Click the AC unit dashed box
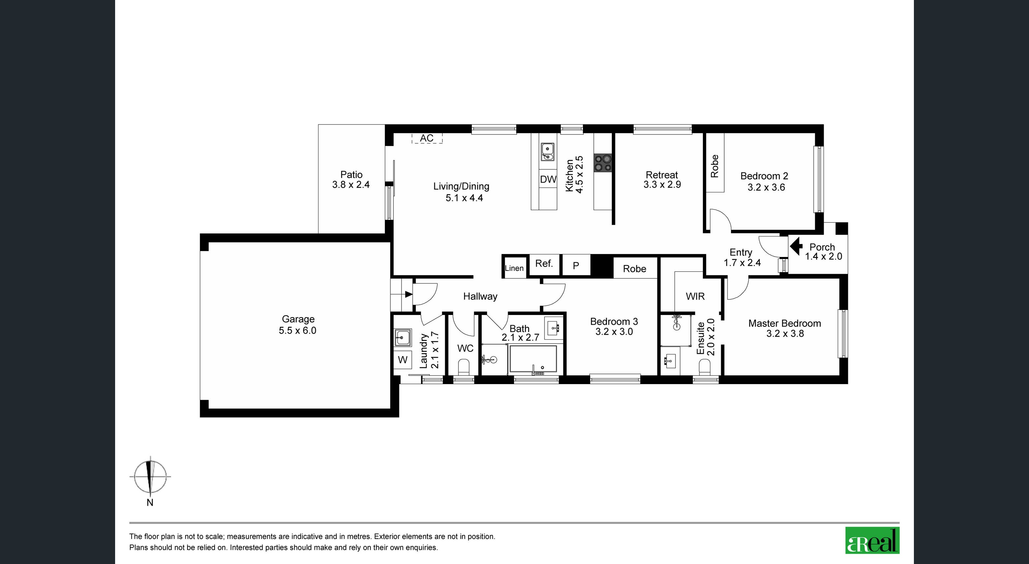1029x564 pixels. (x=427, y=138)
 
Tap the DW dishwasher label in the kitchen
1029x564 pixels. (x=548, y=179)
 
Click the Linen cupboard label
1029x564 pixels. (x=514, y=268)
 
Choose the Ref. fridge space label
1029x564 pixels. (x=544, y=264)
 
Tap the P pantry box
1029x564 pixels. (x=576, y=266)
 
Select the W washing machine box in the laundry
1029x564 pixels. (x=403, y=360)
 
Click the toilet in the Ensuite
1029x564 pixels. (x=705, y=367)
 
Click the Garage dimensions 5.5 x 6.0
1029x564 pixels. (x=297, y=330)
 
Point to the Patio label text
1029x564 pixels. (x=352, y=174)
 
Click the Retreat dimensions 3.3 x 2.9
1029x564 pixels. (x=662, y=184)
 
